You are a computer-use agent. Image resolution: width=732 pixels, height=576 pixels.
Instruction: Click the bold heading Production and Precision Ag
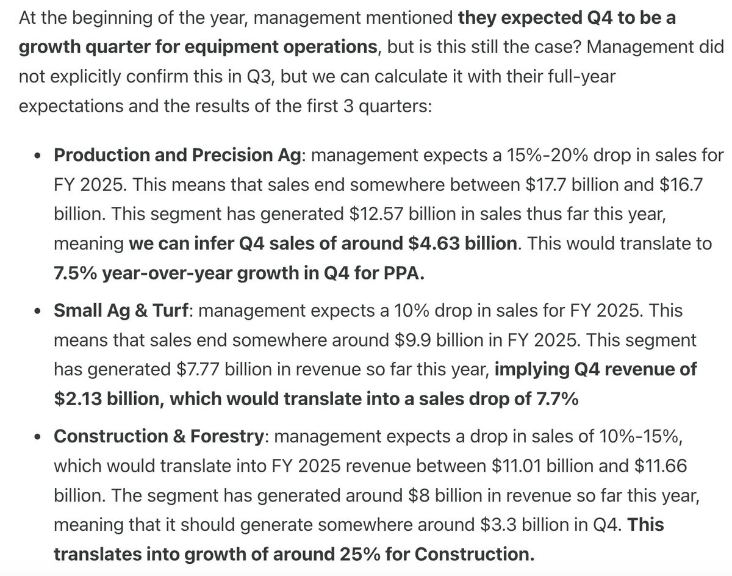pos(178,156)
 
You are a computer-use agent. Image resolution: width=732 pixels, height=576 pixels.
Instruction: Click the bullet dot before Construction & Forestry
pos(38,437)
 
